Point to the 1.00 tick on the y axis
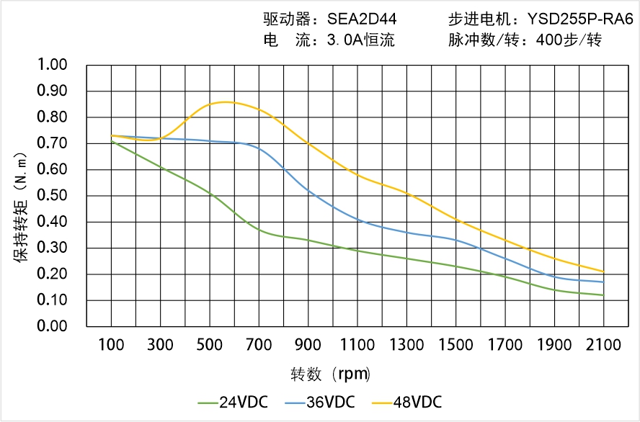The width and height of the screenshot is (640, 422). [x=51, y=66]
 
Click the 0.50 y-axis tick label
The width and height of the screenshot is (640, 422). [x=51, y=196]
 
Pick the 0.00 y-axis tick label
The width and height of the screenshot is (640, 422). [x=51, y=326]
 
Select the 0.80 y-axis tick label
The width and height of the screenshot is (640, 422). [x=51, y=117]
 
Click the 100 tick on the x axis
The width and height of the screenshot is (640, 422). [x=111, y=345]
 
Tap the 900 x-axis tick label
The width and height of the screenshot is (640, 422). [x=308, y=345]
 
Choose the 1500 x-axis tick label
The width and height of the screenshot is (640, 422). [x=455, y=345]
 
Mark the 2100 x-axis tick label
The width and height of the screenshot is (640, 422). [x=603, y=345]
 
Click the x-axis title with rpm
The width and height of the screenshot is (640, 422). [x=331, y=374]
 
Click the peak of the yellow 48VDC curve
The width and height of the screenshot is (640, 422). [x=225, y=102]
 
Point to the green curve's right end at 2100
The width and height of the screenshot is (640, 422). [x=603, y=295]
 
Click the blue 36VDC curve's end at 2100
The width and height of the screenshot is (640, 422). [x=603, y=282]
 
